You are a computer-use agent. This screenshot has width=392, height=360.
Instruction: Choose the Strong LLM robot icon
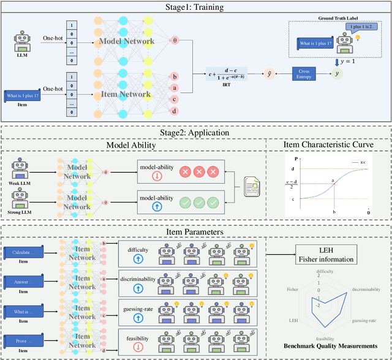coord(22,199)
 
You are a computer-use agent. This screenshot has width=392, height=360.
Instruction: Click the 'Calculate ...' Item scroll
coord(24,253)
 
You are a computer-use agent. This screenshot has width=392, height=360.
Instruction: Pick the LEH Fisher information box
coord(327,253)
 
